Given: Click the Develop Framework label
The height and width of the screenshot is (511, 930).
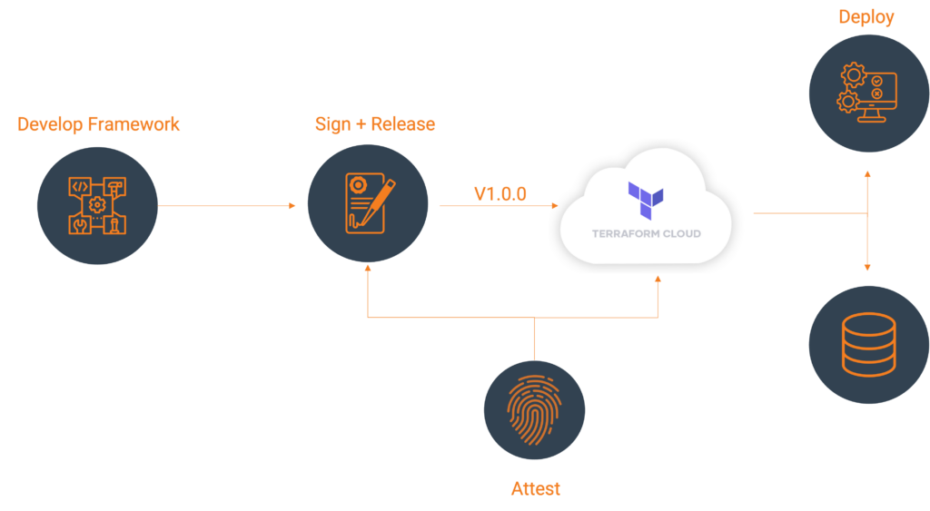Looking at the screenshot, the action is [98, 124].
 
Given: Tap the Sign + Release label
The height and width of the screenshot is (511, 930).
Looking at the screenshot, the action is [375, 124].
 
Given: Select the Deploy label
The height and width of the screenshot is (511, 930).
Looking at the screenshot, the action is [866, 17].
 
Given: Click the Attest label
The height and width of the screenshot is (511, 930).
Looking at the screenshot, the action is [536, 488].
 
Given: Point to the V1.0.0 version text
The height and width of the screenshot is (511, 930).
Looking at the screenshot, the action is [500, 194].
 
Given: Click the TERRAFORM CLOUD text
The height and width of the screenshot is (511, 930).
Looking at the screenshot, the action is [647, 233].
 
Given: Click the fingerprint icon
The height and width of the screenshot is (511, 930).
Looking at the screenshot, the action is [534, 410].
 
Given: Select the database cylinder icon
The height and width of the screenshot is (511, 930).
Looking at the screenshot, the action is [869, 344].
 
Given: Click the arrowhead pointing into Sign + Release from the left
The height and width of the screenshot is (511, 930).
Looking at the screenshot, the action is [292, 206].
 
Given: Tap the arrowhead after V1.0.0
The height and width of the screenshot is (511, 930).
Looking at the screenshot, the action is [555, 206].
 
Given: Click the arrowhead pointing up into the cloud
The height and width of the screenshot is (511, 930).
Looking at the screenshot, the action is [658, 279].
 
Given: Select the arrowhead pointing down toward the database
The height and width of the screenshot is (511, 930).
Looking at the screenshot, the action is [867, 268].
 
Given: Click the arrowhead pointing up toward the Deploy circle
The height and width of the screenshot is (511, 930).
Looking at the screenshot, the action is [867, 174].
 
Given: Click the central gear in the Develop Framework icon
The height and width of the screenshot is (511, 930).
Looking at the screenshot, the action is [97, 205].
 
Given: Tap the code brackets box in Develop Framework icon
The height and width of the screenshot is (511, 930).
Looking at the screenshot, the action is [80, 186].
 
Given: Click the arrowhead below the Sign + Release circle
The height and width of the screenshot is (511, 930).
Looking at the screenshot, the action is [368, 269].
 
